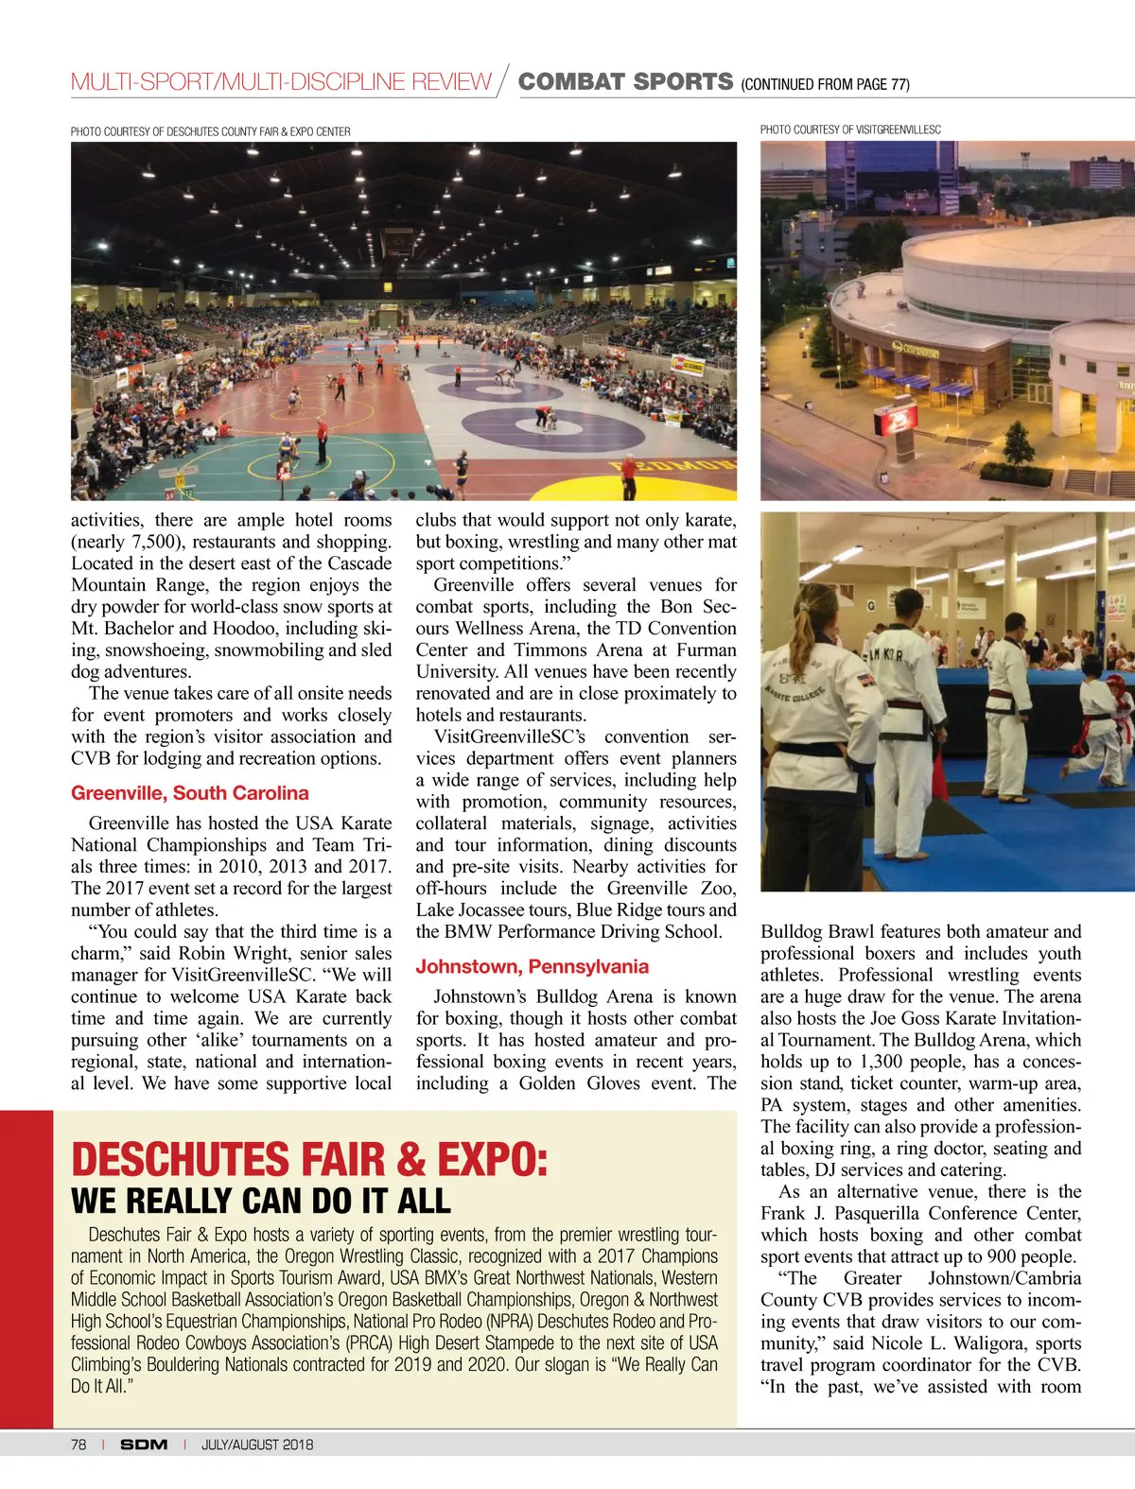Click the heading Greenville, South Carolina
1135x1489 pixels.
coord(189,793)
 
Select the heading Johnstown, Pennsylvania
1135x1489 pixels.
coord(532,966)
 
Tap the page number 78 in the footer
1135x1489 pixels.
coord(79,1445)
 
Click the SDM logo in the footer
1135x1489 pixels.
coord(144,1445)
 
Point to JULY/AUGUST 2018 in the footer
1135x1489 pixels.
coord(256,1445)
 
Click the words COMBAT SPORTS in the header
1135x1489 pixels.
coord(625,82)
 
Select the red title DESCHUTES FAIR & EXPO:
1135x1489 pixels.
coord(309,1160)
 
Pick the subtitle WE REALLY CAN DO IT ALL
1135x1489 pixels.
coord(260,1201)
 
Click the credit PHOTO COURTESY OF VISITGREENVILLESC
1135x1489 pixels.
coord(850,130)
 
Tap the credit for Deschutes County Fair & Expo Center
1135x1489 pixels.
coord(210,131)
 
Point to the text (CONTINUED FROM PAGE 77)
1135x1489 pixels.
coord(825,84)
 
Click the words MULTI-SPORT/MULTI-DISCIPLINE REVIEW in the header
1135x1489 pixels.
coord(281,82)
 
